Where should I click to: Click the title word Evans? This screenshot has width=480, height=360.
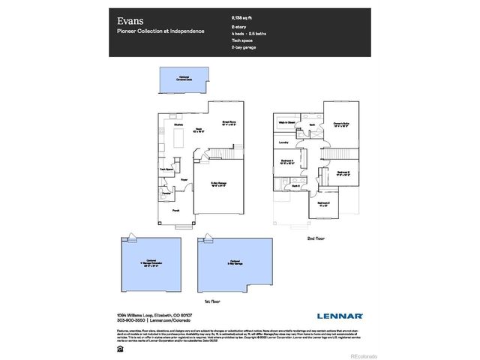tap(128, 20)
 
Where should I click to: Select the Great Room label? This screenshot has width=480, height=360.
tap(229, 122)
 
